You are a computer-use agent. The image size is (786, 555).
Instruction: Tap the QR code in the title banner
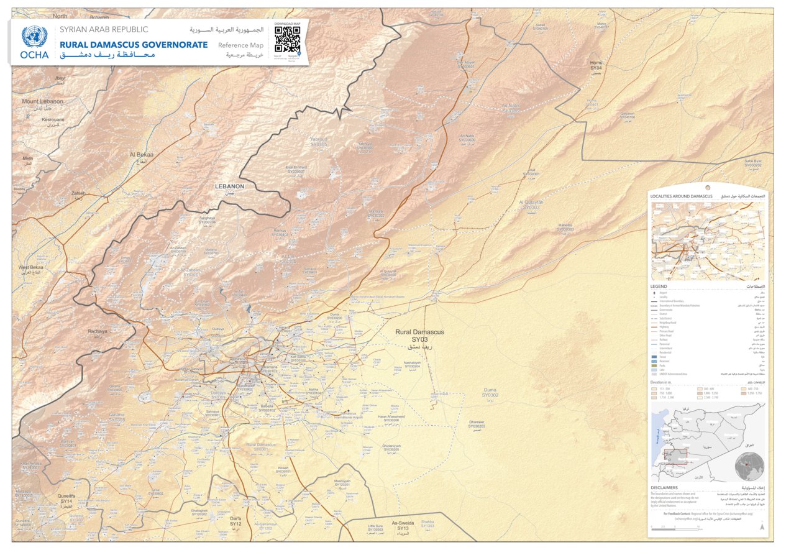287,39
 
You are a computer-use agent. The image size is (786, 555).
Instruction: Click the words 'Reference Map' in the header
240,45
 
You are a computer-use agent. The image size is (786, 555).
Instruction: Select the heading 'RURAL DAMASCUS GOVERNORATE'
134,45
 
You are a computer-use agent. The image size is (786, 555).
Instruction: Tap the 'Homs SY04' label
596,65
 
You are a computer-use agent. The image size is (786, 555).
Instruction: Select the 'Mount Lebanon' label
42,101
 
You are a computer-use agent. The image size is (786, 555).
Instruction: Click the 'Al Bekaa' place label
141,154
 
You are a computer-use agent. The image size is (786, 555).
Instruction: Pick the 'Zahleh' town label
78,193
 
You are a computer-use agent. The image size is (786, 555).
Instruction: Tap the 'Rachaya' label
98,331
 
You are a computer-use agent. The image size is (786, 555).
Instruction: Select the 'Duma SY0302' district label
490,392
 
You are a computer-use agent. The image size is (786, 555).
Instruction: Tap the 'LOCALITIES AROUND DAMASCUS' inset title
681,196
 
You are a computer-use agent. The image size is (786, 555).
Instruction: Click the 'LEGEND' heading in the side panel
659,287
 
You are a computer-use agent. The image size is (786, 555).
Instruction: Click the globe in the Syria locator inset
749,466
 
